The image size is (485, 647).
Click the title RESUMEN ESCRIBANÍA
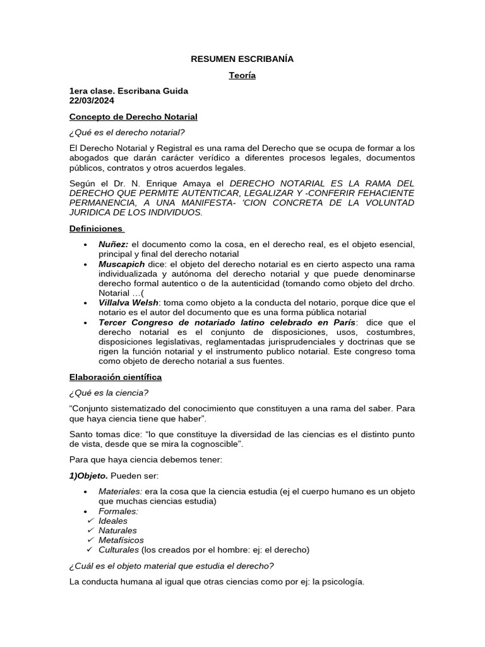[242, 59]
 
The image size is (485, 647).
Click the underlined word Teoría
[242, 76]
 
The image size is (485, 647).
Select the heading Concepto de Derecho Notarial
[133, 117]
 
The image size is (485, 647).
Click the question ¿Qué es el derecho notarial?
[128, 132]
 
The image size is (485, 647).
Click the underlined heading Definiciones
[97, 228]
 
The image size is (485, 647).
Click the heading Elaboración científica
[116, 377]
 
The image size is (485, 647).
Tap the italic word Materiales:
[120, 492]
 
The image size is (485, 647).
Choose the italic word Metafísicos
[121, 540]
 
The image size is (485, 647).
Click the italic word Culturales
[119, 550]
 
